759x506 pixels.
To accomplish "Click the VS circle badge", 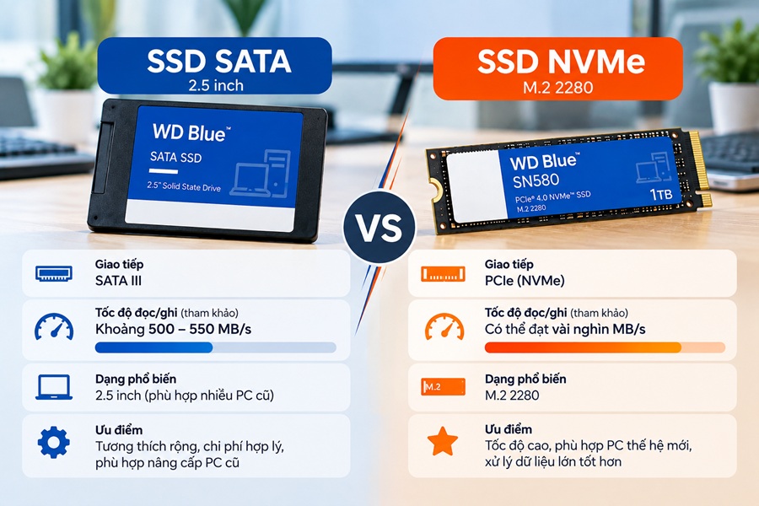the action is click(379, 227).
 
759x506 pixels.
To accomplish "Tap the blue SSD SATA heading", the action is click(215, 66).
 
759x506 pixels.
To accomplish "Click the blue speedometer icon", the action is click(54, 327).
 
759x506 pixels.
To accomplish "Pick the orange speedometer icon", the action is click(444, 327).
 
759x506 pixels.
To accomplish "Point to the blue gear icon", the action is click(54, 442).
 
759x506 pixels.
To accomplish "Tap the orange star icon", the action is click(443, 441).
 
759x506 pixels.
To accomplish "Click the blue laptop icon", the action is click(54, 387).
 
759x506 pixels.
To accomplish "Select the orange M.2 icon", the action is click(443, 387).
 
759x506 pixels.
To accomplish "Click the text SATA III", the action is click(119, 281).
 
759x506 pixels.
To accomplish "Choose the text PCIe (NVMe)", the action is click(525, 281).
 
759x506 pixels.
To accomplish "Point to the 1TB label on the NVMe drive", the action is click(660, 194).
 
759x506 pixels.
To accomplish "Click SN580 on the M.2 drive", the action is click(536, 181).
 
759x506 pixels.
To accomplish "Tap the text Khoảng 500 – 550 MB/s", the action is click(173, 329).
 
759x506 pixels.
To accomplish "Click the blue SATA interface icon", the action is click(54, 273).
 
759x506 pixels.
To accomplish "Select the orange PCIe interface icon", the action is click(443, 274).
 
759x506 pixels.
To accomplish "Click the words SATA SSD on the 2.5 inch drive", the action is click(175, 157).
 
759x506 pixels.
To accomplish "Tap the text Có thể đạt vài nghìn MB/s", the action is click(565, 329).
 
